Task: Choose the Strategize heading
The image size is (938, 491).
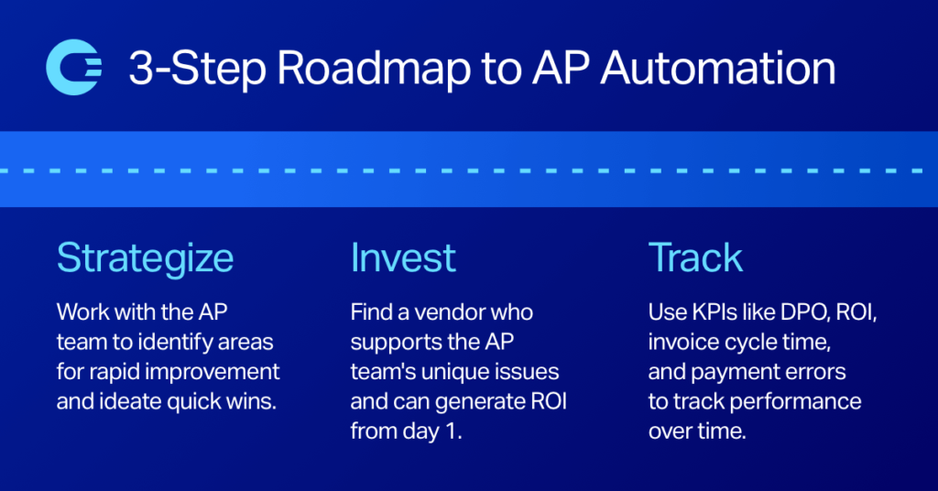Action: [145, 259]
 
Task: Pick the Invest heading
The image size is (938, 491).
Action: [403, 259]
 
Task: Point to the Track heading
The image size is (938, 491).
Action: [695, 259]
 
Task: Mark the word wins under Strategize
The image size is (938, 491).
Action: [250, 401]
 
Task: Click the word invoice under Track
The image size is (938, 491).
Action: [682, 342]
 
